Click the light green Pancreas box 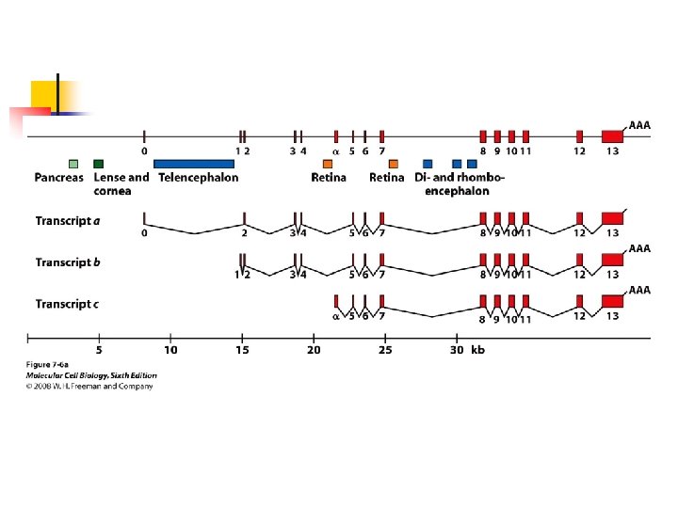(73, 164)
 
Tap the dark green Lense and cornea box (99, 164)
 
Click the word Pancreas (59, 177)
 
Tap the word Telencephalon (198, 177)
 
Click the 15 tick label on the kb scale (242, 351)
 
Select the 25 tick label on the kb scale (385, 351)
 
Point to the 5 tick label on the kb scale (99, 351)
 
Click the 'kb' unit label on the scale (477, 351)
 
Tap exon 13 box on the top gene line (612, 136)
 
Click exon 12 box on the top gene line (579, 136)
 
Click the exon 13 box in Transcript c (612, 301)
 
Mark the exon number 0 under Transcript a (145, 232)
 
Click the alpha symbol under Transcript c (336, 317)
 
